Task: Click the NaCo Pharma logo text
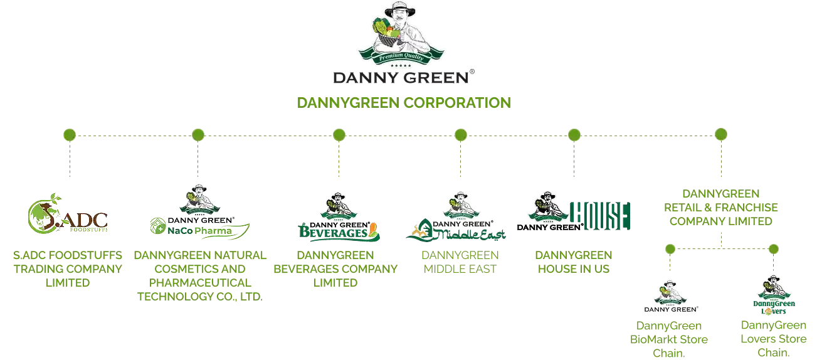pyautogui.click(x=199, y=231)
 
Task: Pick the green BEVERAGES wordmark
pyautogui.click(x=339, y=232)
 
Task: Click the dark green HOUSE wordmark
pyautogui.click(x=599, y=216)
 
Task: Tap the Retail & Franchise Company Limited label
pyautogui.click(x=720, y=206)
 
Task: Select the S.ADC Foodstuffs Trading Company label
pyautogui.click(x=67, y=270)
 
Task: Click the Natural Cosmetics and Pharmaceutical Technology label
pyautogui.click(x=199, y=276)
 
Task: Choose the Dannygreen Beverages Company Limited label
pyautogui.click(x=335, y=270)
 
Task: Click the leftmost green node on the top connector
pyautogui.click(x=70, y=134)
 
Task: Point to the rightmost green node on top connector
pyautogui.click(x=720, y=134)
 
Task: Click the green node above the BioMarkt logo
pyautogui.click(x=670, y=249)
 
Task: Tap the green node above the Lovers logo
pyautogui.click(x=773, y=249)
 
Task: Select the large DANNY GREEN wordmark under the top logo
pyautogui.click(x=402, y=78)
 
